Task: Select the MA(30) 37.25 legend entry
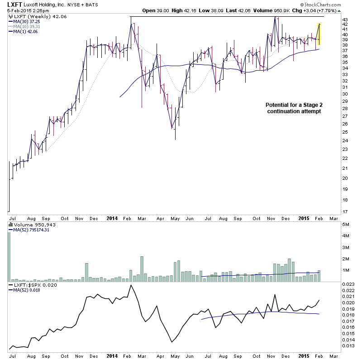click(x=23, y=21)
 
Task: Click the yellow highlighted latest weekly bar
click(x=319, y=34)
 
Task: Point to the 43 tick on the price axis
click(x=345, y=20)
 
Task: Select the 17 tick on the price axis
click(x=345, y=211)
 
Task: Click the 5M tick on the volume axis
click(x=346, y=225)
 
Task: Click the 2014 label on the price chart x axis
click(x=112, y=218)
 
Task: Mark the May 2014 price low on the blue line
click(x=172, y=128)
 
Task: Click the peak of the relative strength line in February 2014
click(x=131, y=285)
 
